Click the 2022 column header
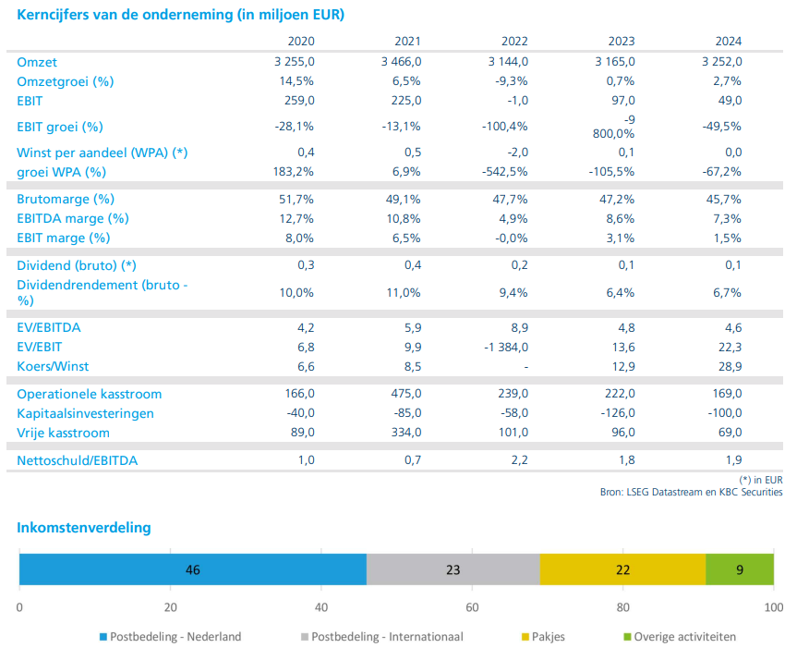[514, 42]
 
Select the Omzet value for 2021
[401, 62]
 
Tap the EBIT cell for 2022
[517, 101]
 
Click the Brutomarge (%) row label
[66, 200]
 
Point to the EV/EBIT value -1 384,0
[506, 348]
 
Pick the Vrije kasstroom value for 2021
[405, 433]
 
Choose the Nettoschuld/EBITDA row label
[78, 461]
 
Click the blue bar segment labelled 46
[193, 569]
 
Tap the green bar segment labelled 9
[740, 569]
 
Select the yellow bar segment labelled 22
[622, 569]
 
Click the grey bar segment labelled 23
[453, 569]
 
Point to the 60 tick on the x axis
[472, 607]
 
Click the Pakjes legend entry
[543, 637]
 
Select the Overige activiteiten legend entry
[680, 637]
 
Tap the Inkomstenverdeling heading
[84, 528]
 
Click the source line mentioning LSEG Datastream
[692, 493]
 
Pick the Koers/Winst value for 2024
[730, 367]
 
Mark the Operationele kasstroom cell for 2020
[299, 394]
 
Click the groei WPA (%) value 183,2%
[294, 172]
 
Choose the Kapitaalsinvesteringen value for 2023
[618, 413]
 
